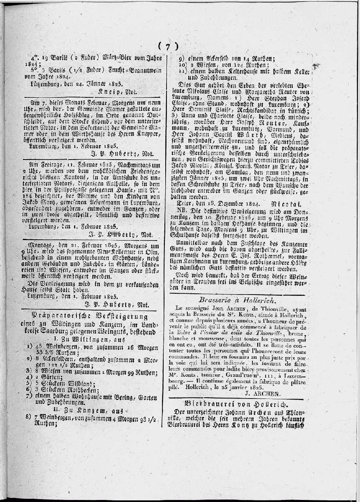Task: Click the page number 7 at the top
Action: pos(168,46)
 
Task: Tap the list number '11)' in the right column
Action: pos(183,71)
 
